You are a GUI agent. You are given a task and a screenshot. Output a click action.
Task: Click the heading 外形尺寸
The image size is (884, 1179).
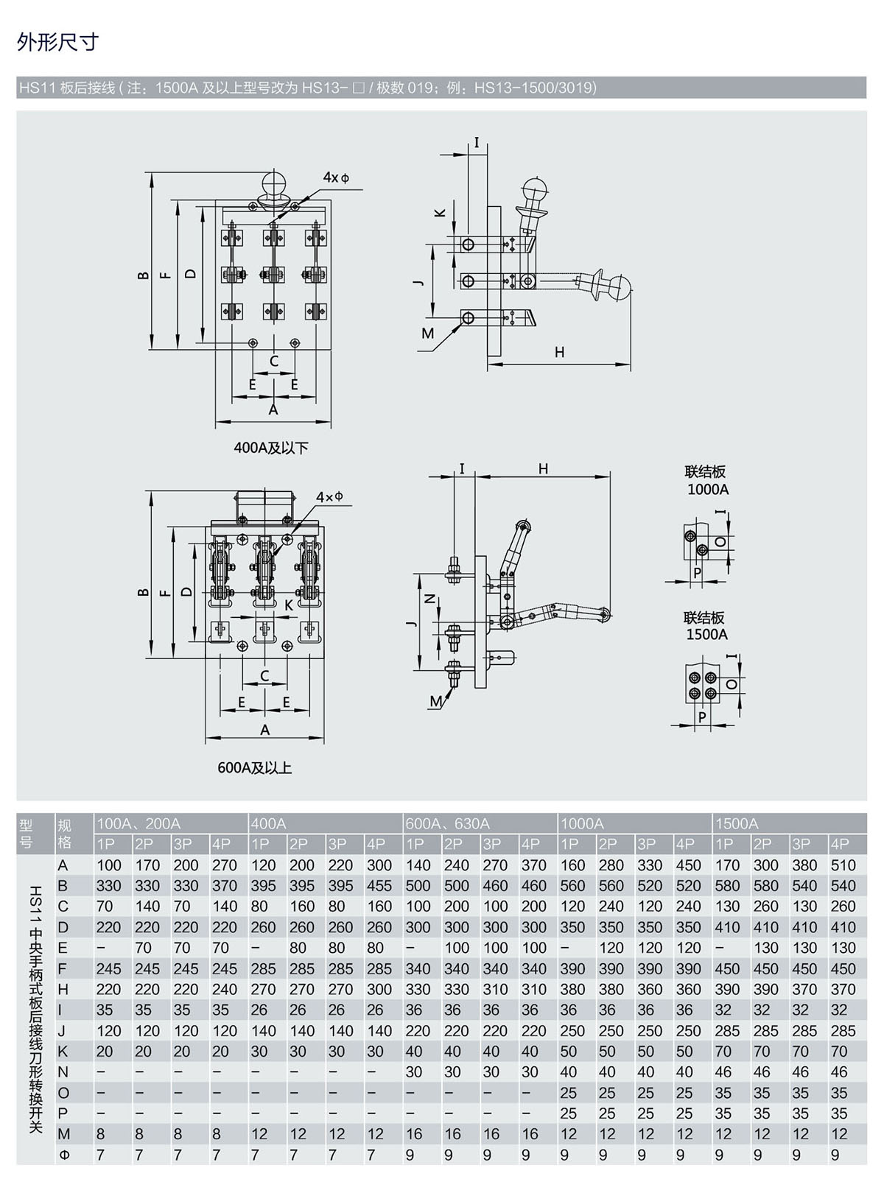coord(57,42)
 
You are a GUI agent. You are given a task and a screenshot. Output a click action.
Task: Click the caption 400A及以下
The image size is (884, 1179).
coord(271,448)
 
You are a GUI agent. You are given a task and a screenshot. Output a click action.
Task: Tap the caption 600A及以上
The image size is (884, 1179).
coord(255,768)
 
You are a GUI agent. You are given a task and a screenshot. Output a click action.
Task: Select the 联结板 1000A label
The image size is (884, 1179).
coord(706,481)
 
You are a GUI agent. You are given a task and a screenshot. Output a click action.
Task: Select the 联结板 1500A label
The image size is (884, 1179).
coord(705,626)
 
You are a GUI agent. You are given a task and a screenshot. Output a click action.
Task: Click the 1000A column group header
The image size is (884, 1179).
coord(582,823)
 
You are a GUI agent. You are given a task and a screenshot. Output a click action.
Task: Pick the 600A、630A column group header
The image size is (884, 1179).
coord(447,823)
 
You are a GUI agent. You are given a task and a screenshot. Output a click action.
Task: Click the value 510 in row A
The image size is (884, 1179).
coord(842,865)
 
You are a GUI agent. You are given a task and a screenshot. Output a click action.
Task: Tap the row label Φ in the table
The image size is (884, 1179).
coord(64,1155)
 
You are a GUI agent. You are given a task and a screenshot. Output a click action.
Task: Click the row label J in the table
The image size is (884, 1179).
coord(63,1031)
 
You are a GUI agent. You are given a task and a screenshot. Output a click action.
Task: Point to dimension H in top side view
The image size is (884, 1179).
coord(559,352)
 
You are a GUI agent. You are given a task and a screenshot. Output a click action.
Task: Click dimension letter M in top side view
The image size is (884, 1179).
coord(427,334)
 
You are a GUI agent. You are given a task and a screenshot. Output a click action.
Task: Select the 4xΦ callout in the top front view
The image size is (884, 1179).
coord(336,177)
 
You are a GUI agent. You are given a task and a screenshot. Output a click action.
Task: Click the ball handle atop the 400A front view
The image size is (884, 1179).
coord(273,185)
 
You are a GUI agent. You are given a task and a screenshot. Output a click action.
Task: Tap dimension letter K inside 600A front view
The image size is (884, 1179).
coord(289,605)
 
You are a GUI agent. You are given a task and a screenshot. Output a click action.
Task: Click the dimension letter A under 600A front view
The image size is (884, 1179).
coord(264,729)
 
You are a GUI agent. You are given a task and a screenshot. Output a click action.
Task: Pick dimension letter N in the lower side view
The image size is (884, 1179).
coord(432,598)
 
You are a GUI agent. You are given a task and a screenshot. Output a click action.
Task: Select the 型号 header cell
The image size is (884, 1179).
coord(27,834)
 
